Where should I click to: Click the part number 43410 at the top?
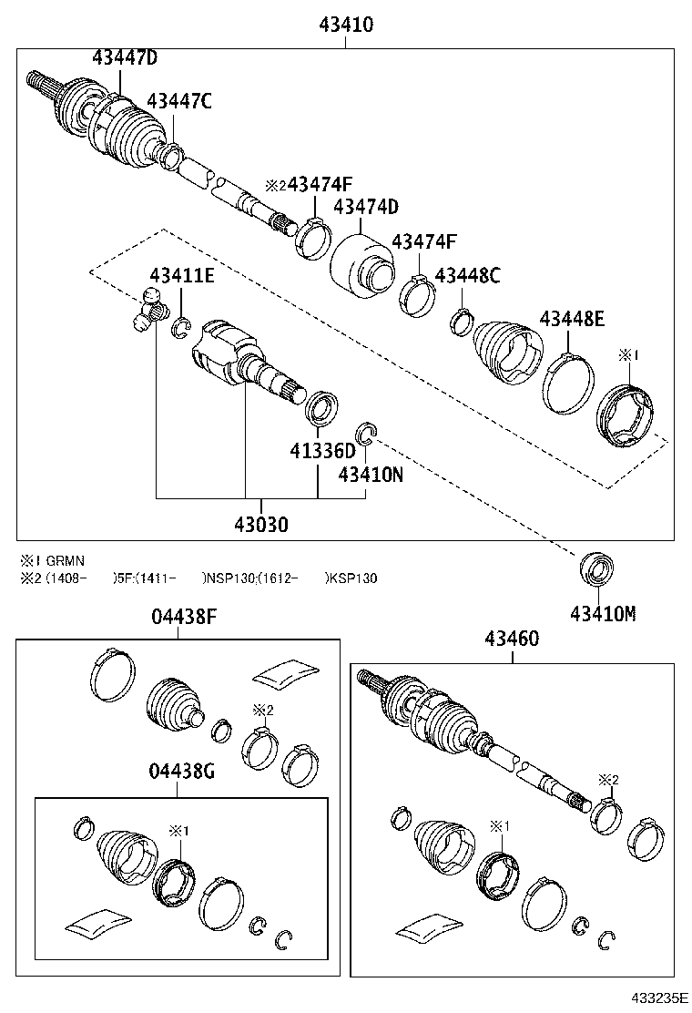(x=345, y=25)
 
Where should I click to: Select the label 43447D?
(x=125, y=58)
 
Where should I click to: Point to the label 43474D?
(x=366, y=207)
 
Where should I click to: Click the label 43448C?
(x=467, y=275)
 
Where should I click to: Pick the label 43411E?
(x=182, y=275)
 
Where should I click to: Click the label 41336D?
(x=323, y=451)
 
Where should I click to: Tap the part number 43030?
(x=260, y=525)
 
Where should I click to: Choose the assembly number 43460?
(x=513, y=640)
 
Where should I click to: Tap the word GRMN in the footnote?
(x=66, y=561)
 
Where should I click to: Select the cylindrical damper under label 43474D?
(x=361, y=264)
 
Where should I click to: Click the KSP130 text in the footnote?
(x=353, y=578)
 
